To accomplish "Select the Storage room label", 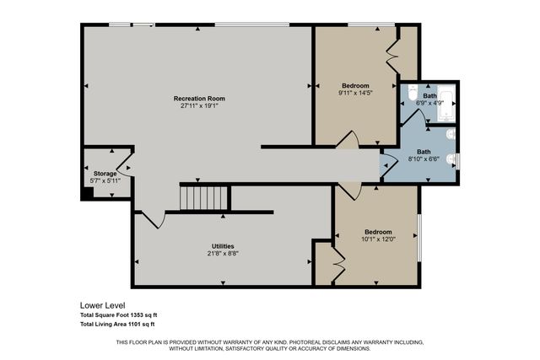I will click(105, 174).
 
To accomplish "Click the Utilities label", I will click(222, 245).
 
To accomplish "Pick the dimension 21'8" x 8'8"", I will click(222, 253).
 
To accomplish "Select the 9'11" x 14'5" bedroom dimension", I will click(354, 94).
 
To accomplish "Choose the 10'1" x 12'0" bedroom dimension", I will click(377, 239).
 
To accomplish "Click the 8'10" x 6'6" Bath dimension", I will click(423, 158).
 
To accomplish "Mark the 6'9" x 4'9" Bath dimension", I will click(429, 104).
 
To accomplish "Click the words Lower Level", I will click(101, 305).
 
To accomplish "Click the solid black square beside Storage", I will click(87, 192).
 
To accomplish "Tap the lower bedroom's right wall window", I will click(418, 235).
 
